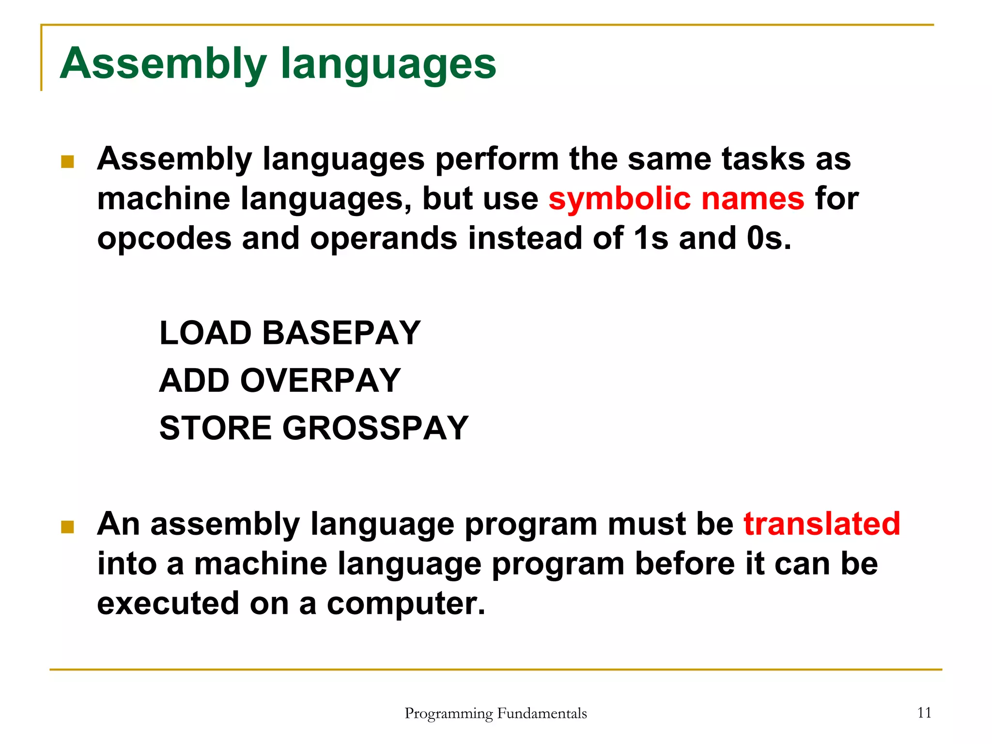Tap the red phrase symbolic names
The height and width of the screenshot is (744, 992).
click(x=676, y=199)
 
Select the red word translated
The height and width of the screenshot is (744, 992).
click(x=822, y=524)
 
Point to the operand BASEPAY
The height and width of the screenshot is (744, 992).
click(x=341, y=333)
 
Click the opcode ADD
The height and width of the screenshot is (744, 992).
click(x=194, y=380)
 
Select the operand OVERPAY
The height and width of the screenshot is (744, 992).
click(x=320, y=380)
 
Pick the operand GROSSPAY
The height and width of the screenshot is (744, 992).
click(x=375, y=428)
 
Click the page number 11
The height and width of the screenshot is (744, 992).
click(x=924, y=713)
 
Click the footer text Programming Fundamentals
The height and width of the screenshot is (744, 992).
click(x=496, y=713)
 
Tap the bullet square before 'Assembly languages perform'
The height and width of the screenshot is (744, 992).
click(x=67, y=162)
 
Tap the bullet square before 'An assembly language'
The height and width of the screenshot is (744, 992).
click(x=67, y=527)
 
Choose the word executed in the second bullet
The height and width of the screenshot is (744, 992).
click(x=168, y=604)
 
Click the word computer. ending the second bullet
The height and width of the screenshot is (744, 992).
click(x=406, y=604)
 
